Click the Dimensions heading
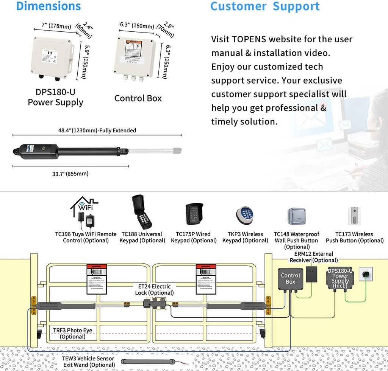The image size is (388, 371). tap(48, 6)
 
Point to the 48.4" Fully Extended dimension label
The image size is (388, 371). tap(97, 130)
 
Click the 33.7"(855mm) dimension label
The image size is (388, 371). tap(70, 174)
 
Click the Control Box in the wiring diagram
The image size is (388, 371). tap(290, 279)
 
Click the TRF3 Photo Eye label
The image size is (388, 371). tap(72, 333)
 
